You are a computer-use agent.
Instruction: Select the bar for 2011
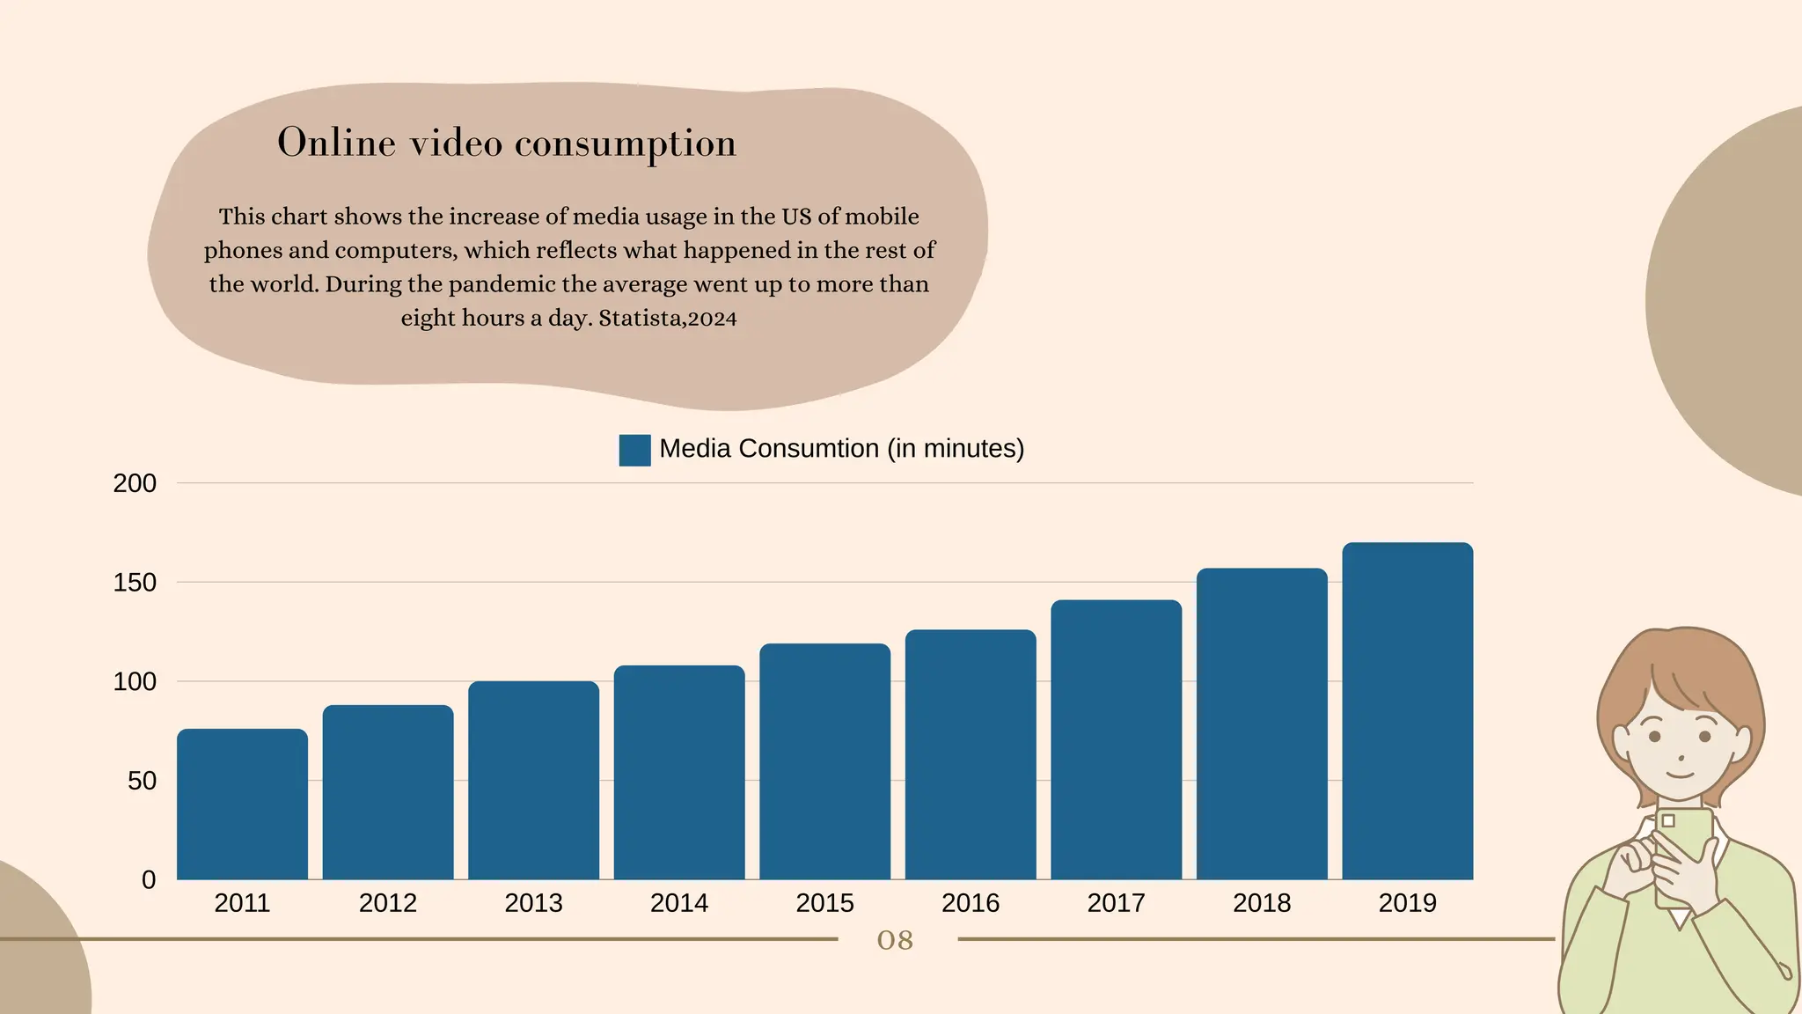click(x=242, y=804)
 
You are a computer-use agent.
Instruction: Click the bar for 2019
click(x=1407, y=711)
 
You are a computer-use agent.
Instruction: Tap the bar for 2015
click(x=824, y=761)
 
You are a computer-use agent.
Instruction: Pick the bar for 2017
click(x=1116, y=739)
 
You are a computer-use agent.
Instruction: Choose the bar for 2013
click(x=533, y=780)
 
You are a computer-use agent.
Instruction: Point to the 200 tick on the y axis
click(x=135, y=483)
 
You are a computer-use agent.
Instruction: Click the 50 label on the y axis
click(x=142, y=781)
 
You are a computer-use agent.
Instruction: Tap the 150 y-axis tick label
click(x=135, y=583)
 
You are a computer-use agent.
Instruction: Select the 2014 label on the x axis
click(x=679, y=903)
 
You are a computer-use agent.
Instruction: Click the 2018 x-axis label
click(x=1262, y=903)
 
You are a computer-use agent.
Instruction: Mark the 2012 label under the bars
click(x=388, y=903)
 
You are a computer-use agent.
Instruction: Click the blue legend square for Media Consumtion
click(x=634, y=450)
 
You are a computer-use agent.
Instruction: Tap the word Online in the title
click(x=336, y=143)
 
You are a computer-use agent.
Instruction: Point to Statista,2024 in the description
click(x=668, y=318)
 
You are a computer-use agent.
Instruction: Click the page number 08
click(x=895, y=940)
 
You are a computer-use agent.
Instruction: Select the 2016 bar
click(x=971, y=754)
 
